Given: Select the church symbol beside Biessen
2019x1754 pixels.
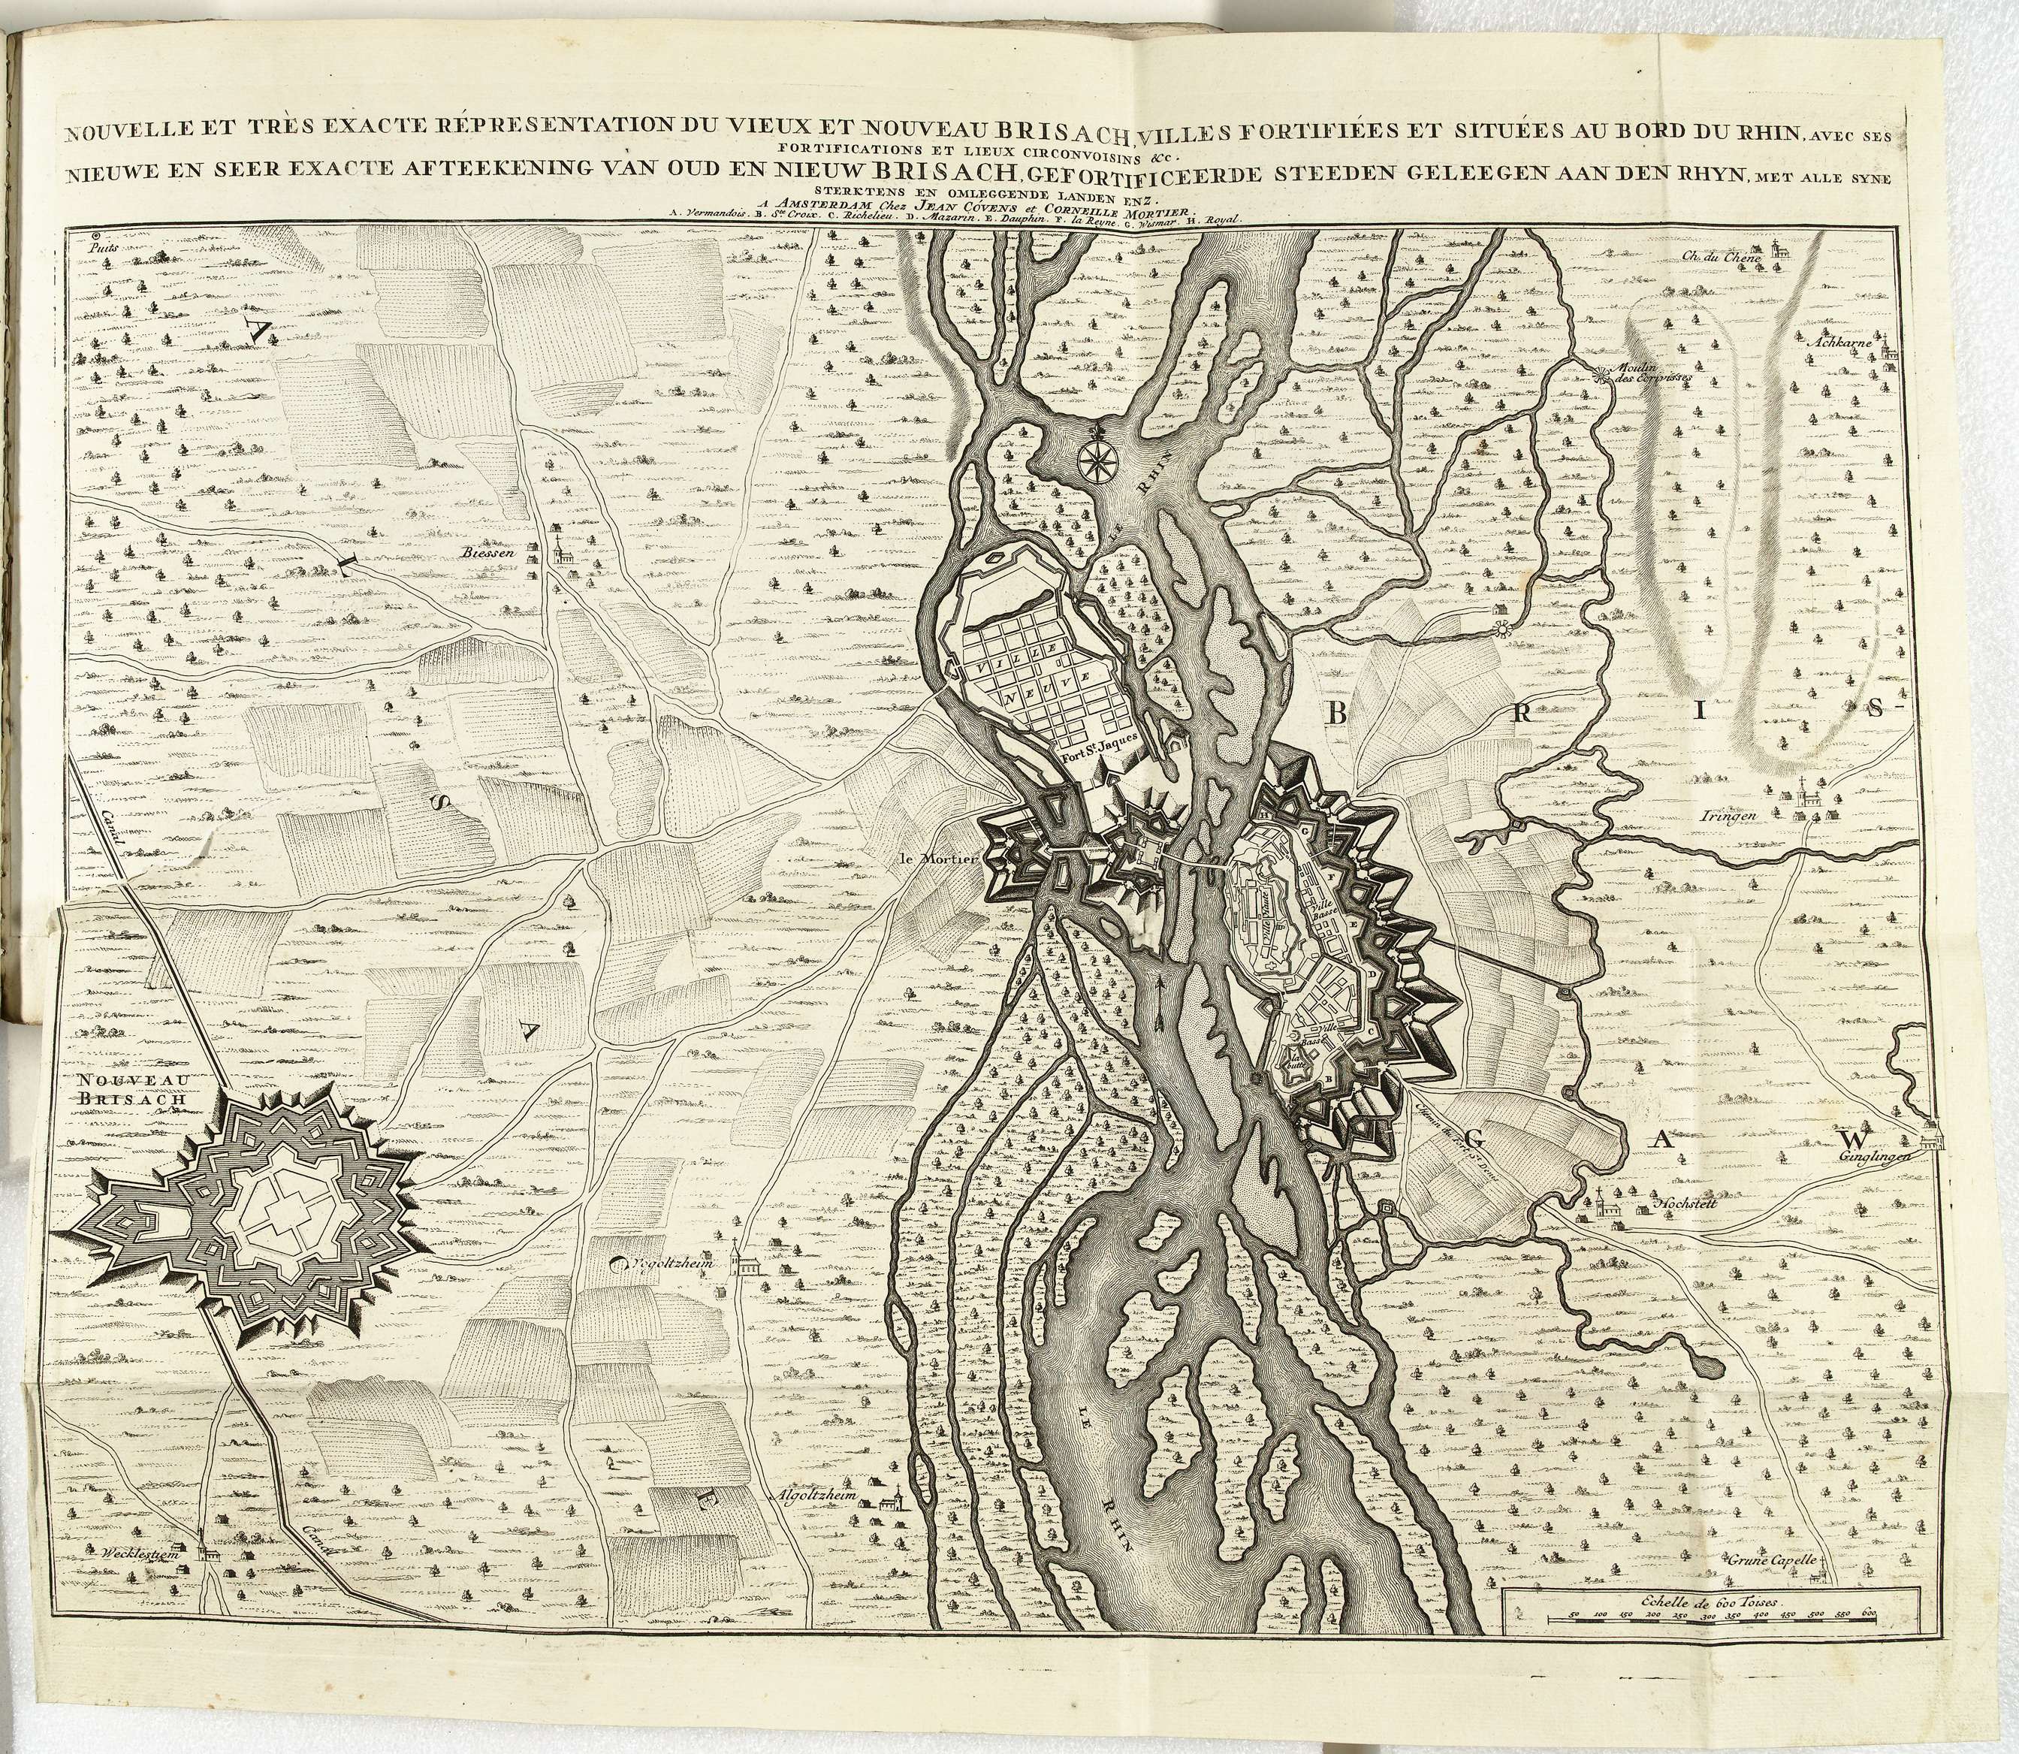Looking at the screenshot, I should pyautogui.click(x=558, y=548).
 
